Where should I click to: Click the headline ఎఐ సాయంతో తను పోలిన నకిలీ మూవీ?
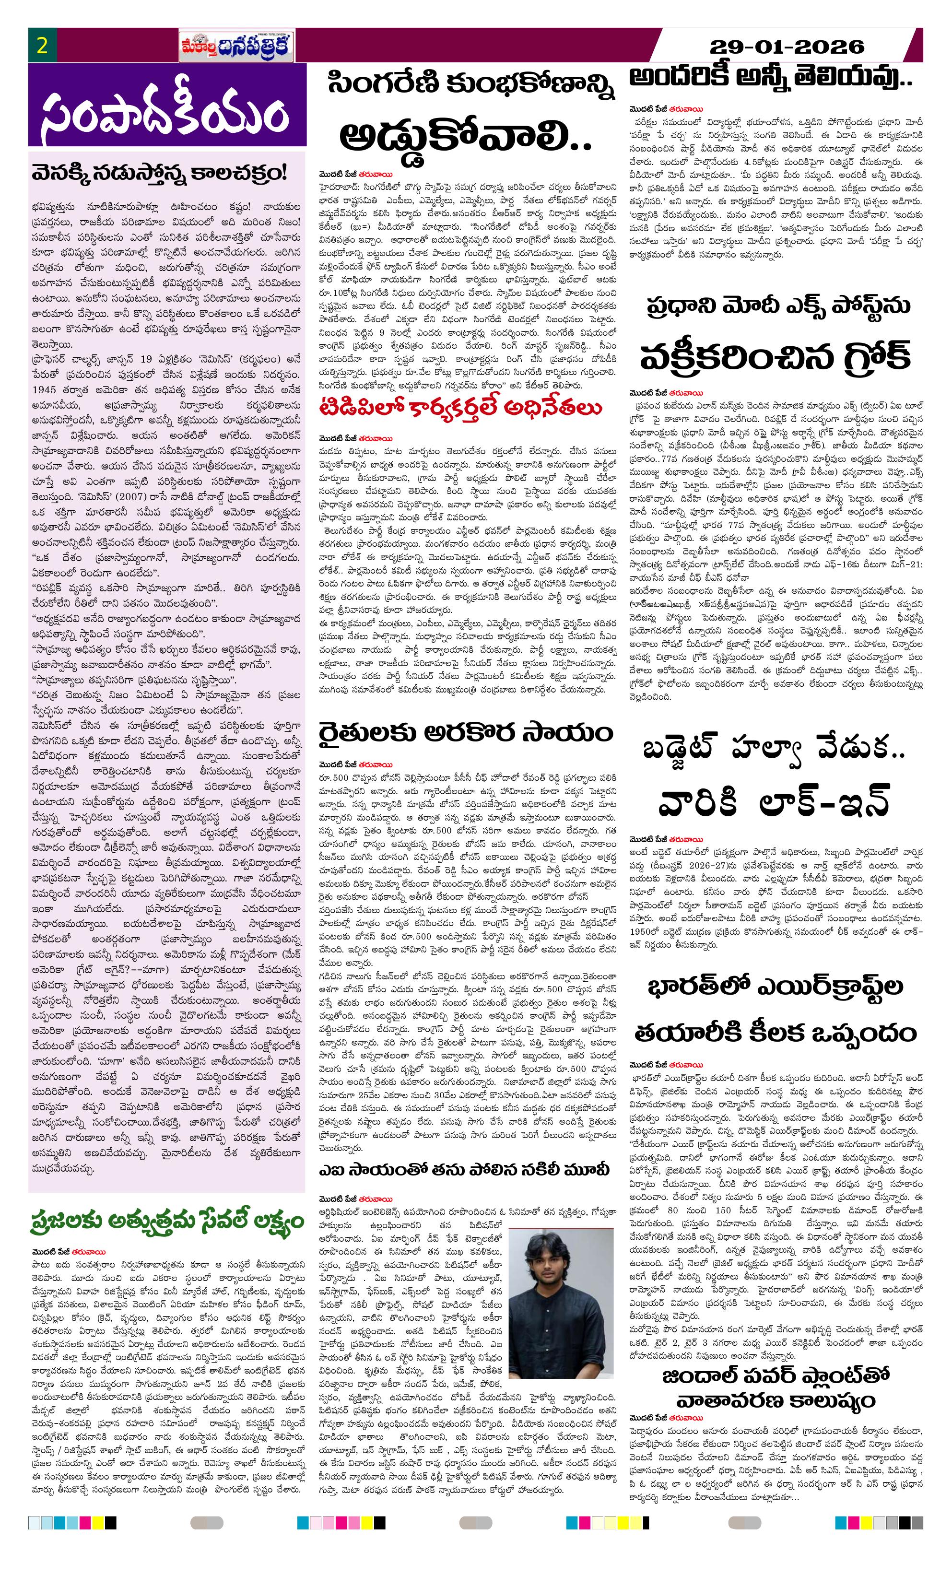(x=465, y=1170)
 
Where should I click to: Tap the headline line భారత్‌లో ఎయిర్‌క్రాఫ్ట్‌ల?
(x=775, y=986)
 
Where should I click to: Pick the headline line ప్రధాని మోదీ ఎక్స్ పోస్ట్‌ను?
(x=777, y=306)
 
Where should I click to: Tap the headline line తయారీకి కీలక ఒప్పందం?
(x=775, y=1032)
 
